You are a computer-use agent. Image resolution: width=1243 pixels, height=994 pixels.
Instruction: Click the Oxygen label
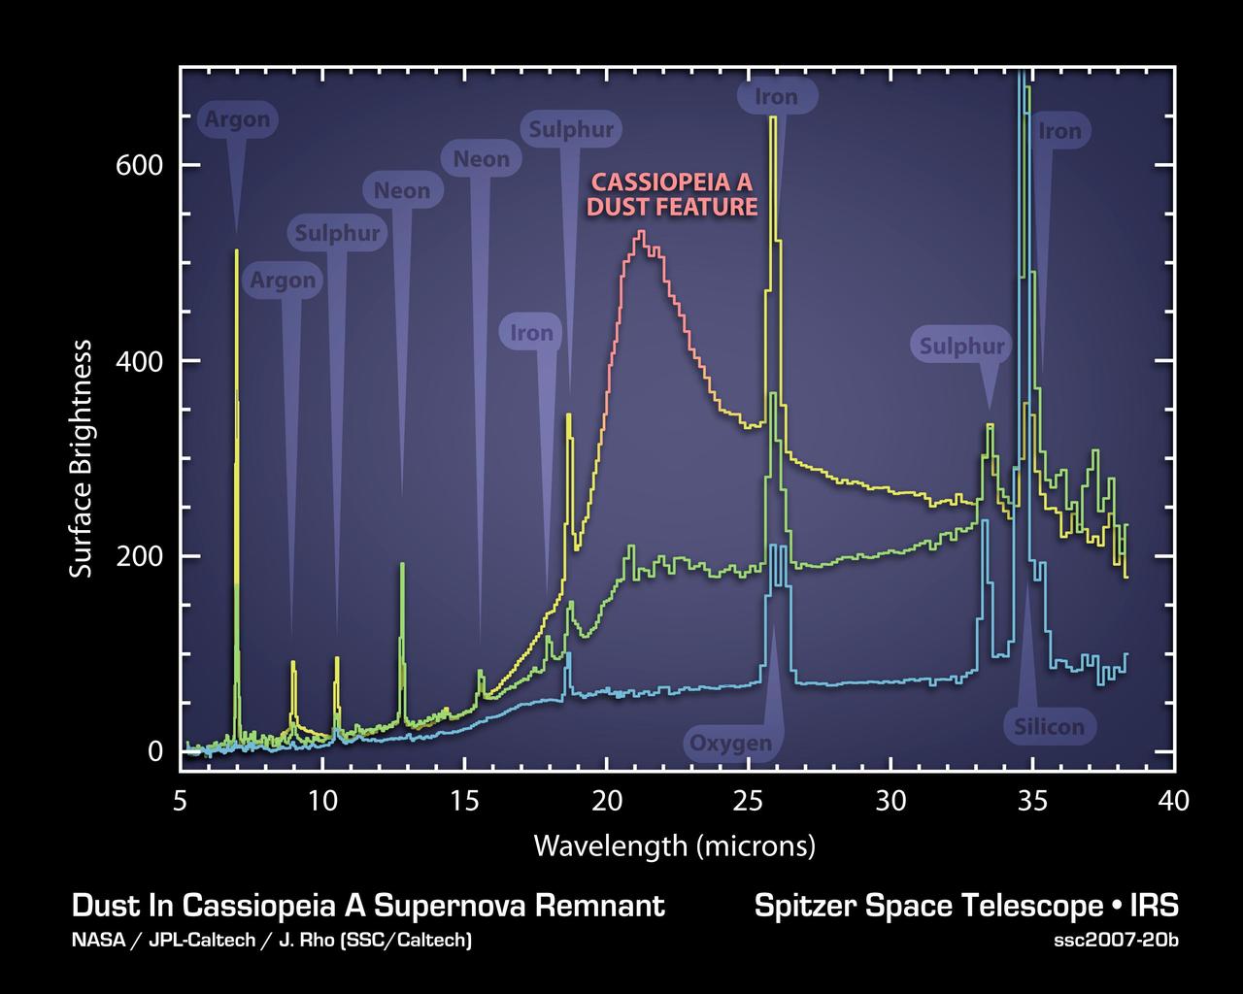click(730, 744)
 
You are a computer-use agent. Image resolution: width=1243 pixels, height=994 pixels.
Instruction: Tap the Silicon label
click(1049, 726)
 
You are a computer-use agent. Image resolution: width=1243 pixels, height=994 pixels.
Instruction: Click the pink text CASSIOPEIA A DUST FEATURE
click(674, 194)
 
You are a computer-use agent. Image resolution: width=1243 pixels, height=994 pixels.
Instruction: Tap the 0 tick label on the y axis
click(155, 751)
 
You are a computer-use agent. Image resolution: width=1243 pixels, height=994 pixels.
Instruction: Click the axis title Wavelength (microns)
click(674, 845)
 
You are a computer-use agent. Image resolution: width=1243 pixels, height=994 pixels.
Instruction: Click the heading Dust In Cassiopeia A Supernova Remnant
click(368, 906)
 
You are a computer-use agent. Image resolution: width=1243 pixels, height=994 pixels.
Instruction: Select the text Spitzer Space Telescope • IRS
click(965, 906)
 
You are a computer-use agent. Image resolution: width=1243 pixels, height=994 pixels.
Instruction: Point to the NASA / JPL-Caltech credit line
click(272, 940)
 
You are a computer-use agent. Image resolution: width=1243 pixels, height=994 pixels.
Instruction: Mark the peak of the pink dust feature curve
click(641, 232)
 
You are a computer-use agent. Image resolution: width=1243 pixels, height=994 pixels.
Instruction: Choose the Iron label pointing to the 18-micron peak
click(532, 333)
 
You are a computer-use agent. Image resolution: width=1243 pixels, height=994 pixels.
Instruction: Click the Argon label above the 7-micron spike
click(238, 120)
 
